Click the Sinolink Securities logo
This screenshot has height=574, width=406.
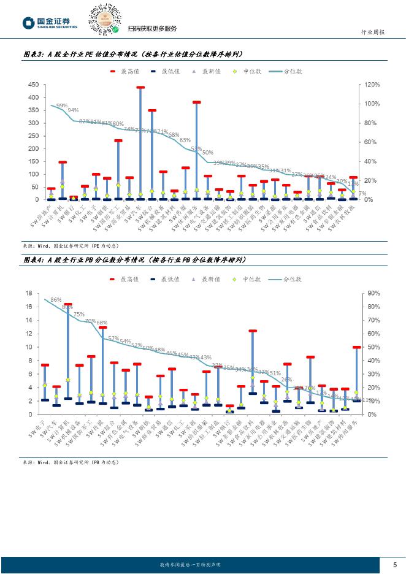click(50, 23)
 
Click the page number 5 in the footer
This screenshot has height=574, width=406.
click(394, 564)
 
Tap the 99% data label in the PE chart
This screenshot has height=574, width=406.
click(62, 106)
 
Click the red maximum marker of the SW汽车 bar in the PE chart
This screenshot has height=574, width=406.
click(140, 88)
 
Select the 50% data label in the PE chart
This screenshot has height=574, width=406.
click(207, 152)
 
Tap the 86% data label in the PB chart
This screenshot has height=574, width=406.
click(56, 300)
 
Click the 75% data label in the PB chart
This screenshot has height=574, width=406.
click(79, 314)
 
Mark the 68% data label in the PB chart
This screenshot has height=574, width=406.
click(102, 323)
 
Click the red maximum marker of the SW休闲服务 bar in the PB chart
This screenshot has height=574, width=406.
click(356, 348)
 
